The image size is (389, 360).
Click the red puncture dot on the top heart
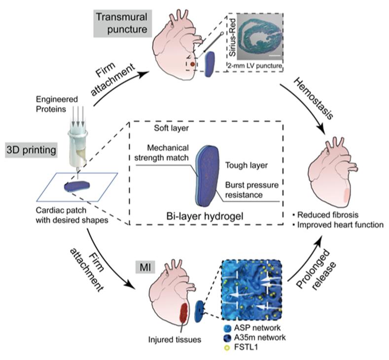click(193, 64)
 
